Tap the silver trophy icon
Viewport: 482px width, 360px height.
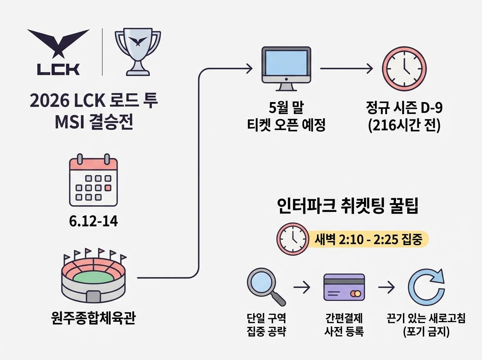tap(138, 51)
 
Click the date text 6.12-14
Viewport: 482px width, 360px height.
tap(94, 221)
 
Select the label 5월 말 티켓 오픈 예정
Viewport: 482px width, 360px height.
tap(286, 117)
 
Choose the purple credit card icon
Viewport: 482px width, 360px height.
tap(344, 287)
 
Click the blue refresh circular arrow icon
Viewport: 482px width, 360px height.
tap(425, 287)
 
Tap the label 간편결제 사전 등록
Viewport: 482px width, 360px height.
tap(344, 325)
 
